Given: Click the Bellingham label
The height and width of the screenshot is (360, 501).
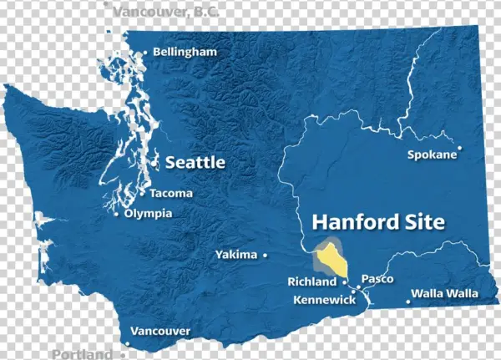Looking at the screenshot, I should point(185,52).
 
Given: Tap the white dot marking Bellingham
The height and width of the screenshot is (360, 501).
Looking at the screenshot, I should point(146,53).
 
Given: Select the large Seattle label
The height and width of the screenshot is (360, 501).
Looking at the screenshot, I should point(195,162).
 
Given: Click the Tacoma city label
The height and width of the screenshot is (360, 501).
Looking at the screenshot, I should point(171,193).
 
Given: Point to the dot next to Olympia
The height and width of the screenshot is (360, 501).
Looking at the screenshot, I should point(116,213).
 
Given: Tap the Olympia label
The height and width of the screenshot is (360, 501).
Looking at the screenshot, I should point(149,213).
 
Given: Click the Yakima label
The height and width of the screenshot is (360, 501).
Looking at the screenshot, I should point(235,254).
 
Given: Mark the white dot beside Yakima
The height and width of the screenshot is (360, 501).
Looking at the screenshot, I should point(266,254).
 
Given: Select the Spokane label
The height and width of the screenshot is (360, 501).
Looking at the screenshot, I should point(432,155).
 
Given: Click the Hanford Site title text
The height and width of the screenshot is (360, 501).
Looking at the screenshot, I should point(378,222).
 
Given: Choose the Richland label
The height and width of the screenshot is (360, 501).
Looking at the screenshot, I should point(312,281).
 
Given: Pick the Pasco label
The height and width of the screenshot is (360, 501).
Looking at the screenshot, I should point(377,278).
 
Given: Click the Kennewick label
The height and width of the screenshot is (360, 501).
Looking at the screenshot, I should point(324,299).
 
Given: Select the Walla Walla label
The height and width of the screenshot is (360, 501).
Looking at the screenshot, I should point(445,293).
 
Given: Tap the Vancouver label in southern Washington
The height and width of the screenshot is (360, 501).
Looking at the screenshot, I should point(161,332).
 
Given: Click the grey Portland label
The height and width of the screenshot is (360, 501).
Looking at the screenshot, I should point(82,354).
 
